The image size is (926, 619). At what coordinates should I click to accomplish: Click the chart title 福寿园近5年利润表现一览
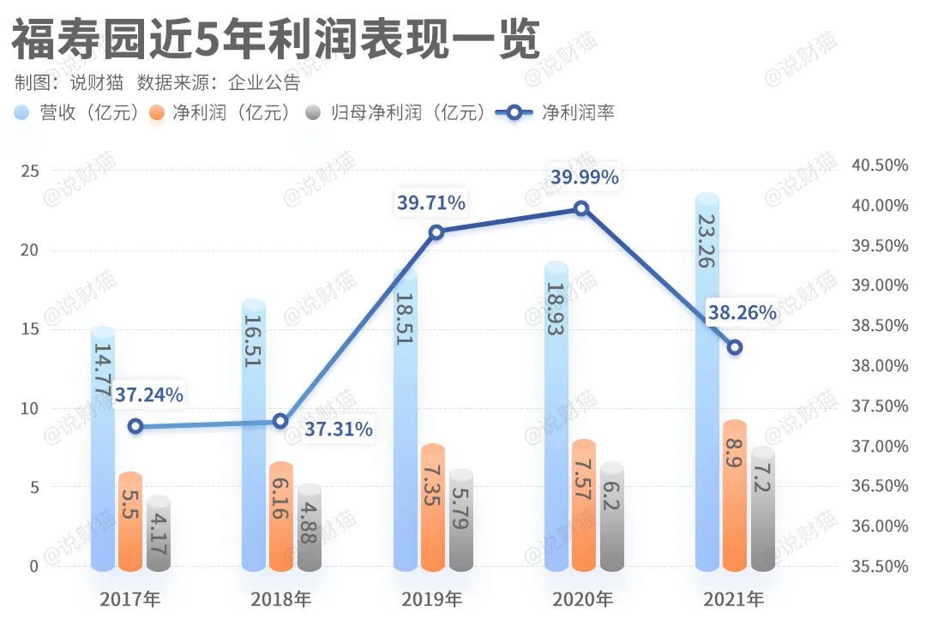coord(274,39)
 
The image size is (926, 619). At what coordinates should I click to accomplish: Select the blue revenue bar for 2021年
coord(707,382)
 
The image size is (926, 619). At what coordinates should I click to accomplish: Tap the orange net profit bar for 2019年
coord(433,508)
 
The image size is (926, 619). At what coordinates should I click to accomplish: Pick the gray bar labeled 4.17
coord(159,533)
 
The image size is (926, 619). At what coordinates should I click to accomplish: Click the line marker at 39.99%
coord(581,208)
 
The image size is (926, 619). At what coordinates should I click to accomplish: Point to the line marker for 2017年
coord(135,426)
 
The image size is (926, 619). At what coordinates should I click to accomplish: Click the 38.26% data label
coord(742,313)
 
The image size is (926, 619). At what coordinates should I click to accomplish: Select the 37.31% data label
coord(339,429)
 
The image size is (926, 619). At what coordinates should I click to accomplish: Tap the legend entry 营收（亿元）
coord(77,112)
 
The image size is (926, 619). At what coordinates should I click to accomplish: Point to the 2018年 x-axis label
coord(281,598)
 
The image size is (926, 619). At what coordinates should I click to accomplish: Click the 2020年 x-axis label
coord(583,598)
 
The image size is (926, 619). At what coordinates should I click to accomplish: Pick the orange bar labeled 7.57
coord(584,506)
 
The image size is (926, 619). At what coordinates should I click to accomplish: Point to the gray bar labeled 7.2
coord(763,509)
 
